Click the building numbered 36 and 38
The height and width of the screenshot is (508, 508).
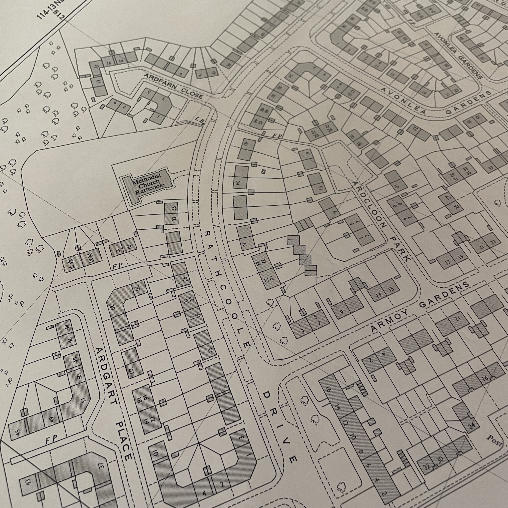(x=91, y=258)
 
